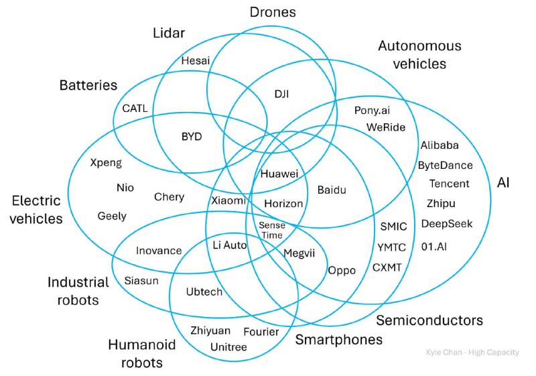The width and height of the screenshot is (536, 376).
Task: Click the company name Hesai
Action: (196, 61)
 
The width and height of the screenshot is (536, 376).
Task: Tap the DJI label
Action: (281, 94)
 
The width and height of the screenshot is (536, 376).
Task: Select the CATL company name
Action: (135, 108)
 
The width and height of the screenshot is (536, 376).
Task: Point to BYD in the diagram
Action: (192, 137)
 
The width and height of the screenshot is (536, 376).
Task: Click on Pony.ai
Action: (372, 110)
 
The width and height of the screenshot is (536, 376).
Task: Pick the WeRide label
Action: (385, 127)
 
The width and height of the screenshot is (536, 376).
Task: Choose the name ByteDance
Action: (445, 165)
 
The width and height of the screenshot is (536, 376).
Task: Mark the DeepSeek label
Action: (447, 223)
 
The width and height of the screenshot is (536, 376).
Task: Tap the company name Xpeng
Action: (106, 162)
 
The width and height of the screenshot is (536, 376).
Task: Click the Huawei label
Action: (279, 174)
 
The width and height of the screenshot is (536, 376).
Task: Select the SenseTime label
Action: (272, 231)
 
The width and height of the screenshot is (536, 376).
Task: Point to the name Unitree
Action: (228, 347)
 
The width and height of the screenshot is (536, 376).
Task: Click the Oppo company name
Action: (341, 270)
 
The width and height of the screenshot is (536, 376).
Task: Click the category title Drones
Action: (272, 12)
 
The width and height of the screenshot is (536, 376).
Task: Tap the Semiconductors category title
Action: (429, 320)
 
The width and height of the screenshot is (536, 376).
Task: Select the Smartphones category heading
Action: (339, 340)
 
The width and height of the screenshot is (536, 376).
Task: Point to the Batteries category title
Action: (88, 85)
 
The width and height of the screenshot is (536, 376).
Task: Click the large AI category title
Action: (503, 182)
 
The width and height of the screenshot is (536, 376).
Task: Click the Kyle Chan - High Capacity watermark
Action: (472, 353)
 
